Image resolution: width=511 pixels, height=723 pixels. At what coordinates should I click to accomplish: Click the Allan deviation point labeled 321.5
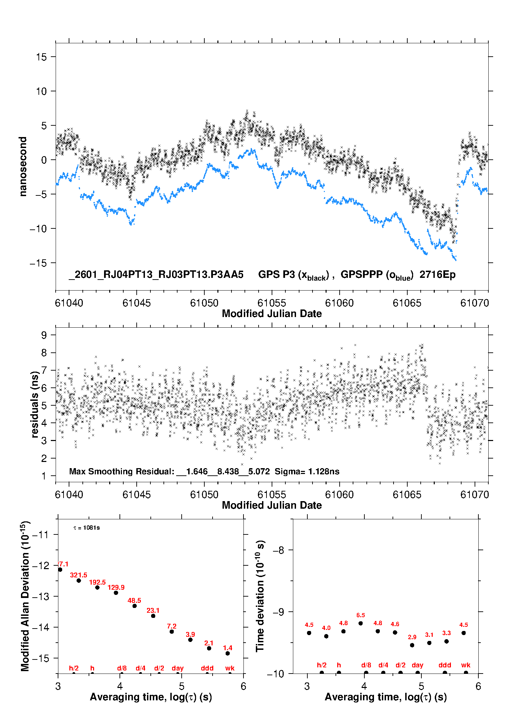pos(79,580)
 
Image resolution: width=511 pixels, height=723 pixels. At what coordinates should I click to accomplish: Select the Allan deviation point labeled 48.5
pos(135,606)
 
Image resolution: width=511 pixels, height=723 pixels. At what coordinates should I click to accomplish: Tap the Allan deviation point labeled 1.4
pos(228,653)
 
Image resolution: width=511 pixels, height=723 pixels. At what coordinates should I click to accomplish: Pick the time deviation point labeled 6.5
pos(361,623)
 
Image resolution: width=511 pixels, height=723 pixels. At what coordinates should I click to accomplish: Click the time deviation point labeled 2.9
pos(412,645)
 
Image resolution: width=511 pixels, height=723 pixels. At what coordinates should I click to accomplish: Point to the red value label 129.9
pos(116,587)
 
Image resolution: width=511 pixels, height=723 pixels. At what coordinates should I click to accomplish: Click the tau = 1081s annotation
pos(87,528)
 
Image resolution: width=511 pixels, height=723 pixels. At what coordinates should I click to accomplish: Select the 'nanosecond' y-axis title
pos(23,167)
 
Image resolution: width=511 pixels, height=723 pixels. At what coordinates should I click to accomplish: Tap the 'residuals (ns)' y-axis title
pos(34,404)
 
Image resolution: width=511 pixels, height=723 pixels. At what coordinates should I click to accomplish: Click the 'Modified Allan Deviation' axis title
pos(25,596)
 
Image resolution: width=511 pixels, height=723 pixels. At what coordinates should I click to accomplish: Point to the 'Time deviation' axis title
pos(260,596)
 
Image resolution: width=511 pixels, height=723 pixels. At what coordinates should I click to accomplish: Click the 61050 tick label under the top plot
pos(204,303)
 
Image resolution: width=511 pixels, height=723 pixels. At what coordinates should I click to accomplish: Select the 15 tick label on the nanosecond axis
pos(41,57)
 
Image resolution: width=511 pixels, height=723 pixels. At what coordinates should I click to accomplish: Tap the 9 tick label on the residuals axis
pos(44,335)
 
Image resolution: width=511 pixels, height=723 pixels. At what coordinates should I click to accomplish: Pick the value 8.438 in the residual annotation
pos(228,471)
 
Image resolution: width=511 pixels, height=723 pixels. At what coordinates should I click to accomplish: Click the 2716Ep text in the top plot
pos(438,275)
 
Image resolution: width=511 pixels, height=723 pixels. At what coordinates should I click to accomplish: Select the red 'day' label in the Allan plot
pos(178,668)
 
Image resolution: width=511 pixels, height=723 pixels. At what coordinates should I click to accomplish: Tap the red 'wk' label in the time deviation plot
pos(466,665)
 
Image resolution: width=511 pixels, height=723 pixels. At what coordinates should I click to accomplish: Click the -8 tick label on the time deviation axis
pos(279,550)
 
